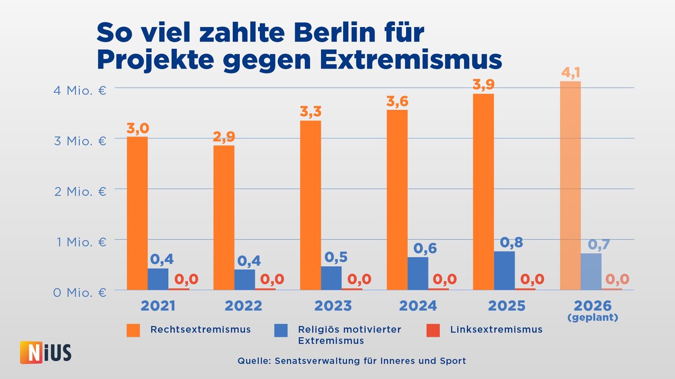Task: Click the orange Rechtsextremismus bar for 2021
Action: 137,213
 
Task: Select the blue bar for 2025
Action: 505,271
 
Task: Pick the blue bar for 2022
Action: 245,280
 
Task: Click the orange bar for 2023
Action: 310,205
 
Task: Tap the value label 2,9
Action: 224,136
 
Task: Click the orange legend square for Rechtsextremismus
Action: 132,330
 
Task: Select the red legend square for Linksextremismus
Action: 432,330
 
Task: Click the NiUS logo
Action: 46,353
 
